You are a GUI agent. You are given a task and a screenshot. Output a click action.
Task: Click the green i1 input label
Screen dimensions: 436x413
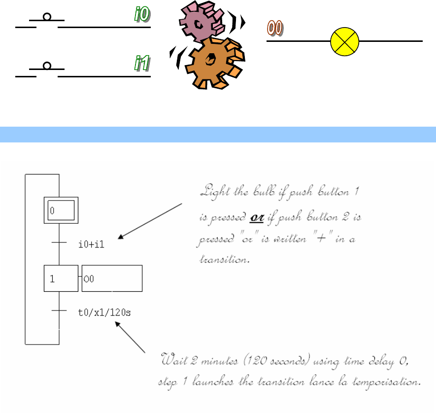coord(142,64)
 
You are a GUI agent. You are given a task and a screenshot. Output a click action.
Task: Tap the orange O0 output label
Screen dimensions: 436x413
coord(275,28)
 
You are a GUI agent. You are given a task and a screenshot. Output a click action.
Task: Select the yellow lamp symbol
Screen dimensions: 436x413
coord(344,41)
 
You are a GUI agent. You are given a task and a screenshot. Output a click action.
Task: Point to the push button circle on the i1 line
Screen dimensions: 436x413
coord(47,66)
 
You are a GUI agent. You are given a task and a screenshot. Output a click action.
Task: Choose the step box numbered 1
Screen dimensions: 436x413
coord(61,278)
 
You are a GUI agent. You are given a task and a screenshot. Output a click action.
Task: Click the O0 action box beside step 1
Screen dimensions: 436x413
coord(112,278)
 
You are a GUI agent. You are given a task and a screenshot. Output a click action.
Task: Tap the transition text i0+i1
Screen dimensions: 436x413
coord(92,244)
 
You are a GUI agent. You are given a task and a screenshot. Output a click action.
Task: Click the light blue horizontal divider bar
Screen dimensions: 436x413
coord(218,134)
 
